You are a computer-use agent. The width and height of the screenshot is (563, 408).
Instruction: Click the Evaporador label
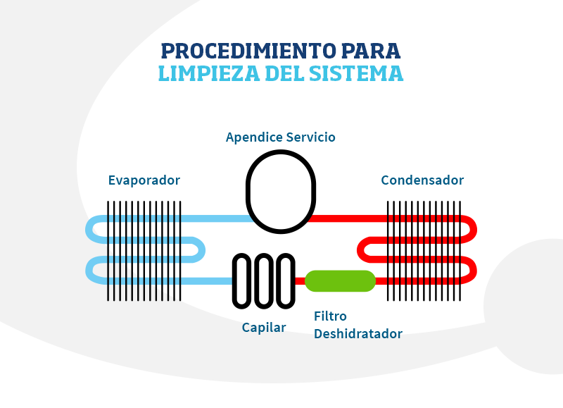[x=144, y=180]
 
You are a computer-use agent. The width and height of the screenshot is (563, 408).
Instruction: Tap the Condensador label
[x=422, y=180]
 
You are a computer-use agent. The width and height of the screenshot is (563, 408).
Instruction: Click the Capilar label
[x=264, y=328]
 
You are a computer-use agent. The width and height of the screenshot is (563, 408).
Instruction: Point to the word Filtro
[x=330, y=316]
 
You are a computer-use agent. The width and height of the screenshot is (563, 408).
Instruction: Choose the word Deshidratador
[x=358, y=334]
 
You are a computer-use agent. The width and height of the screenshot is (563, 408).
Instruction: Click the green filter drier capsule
[x=340, y=280]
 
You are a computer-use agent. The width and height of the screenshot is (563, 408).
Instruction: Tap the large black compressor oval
[x=280, y=191]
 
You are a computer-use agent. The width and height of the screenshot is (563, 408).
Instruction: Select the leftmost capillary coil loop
[x=242, y=280]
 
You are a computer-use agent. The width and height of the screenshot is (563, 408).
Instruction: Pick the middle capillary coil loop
[x=264, y=280]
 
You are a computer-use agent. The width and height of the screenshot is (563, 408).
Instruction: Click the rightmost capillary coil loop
[x=285, y=280]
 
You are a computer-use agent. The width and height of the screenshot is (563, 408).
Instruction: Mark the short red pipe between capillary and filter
[x=300, y=280]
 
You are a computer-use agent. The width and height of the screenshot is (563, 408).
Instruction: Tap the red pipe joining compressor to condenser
[x=348, y=218]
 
